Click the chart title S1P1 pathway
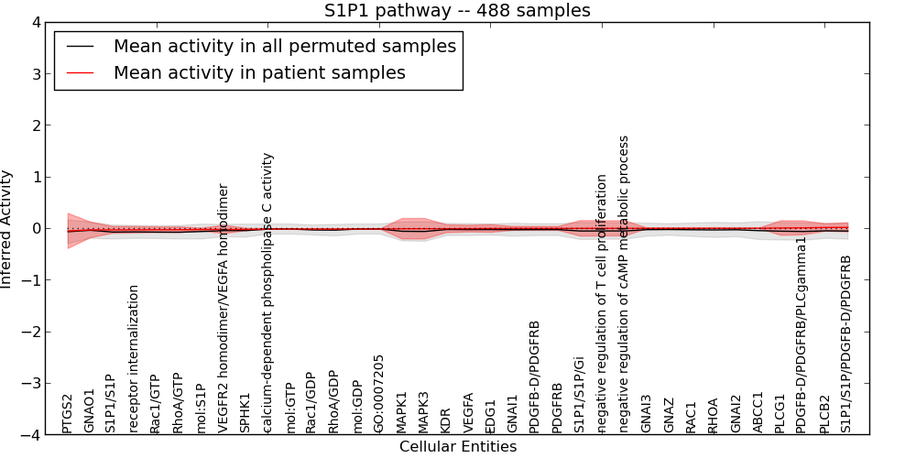(457, 11)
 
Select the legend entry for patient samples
(259, 72)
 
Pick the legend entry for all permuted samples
(284, 46)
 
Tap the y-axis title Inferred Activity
(7, 229)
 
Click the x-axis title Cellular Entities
(457, 447)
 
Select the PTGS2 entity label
(67, 413)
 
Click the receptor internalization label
(134, 358)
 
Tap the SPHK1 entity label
(245, 413)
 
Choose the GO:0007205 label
(379, 394)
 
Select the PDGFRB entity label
(558, 409)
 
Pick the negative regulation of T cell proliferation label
(602, 303)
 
